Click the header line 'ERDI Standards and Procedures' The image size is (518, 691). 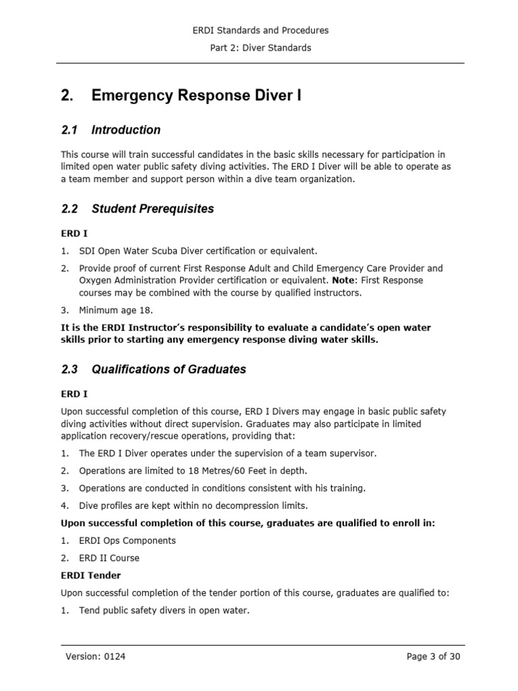click(260, 30)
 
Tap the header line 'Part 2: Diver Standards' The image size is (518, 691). click(260, 48)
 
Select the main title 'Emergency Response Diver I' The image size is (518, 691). click(196, 96)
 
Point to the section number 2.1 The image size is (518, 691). click(69, 130)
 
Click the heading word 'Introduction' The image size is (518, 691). click(126, 130)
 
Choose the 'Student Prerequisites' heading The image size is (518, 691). click(152, 209)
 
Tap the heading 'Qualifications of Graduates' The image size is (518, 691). click(169, 369)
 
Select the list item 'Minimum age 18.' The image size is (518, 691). click(116, 310)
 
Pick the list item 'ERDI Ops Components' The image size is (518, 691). click(127, 541)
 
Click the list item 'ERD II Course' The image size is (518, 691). click(109, 558)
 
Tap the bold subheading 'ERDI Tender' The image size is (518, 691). click(91, 576)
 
